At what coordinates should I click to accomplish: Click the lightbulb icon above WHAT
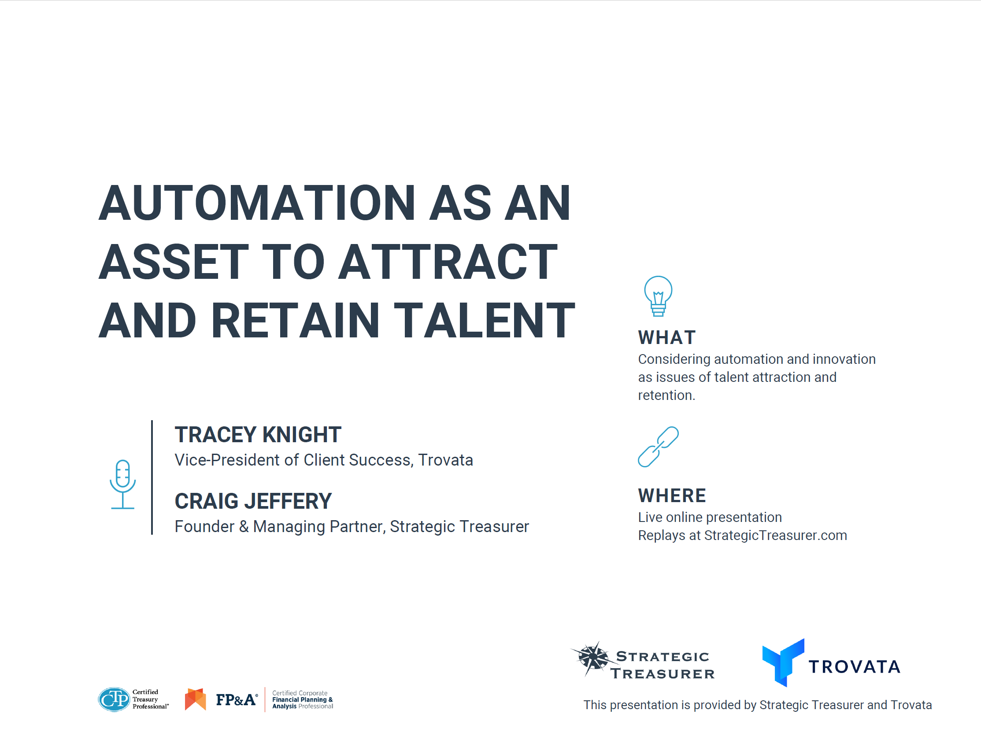tap(658, 296)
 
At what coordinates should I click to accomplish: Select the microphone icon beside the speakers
tap(123, 484)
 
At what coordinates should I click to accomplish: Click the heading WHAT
tap(667, 338)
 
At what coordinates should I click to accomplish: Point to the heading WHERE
tap(672, 496)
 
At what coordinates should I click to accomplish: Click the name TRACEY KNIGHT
tap(258, 434)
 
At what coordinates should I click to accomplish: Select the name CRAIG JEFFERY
tap(253, 501)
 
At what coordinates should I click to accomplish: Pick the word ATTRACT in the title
tap(448, 262)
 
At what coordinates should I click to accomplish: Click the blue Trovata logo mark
tap(783, 662)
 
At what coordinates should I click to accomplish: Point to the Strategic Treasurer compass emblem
tap(592, 658)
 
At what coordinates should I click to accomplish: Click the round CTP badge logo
tap(114, 699)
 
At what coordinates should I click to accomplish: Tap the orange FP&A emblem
tap(196, 699)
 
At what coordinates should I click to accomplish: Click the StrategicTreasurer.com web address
tap(776, 536)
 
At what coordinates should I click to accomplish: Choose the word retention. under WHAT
tap(666, 396)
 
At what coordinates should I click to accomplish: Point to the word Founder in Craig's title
tap(204, 527)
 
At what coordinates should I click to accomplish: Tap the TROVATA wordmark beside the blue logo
tap(855, 667)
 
